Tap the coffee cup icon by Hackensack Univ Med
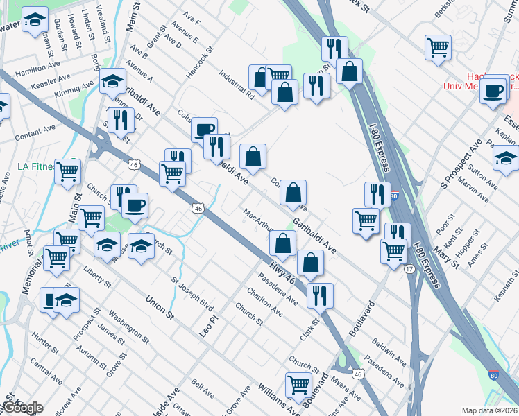tap(493, 92)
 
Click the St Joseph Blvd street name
tap(192, 295)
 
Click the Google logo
tap(22, 408)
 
